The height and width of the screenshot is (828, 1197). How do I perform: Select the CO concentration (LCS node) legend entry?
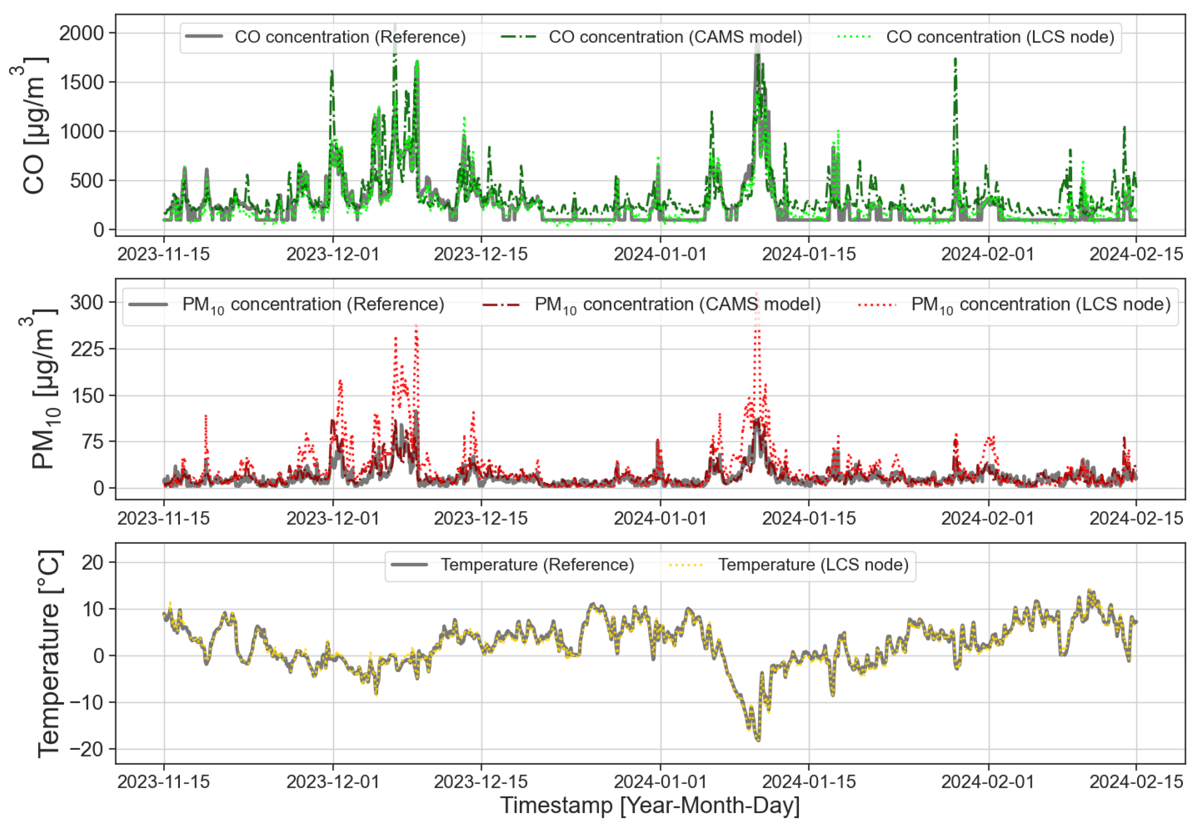[999, 37]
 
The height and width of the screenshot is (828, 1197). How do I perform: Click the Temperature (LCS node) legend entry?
[813, 564]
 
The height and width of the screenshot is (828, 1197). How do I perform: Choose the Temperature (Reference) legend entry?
[537, 564]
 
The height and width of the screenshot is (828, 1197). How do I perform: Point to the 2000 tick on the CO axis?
[81, 33]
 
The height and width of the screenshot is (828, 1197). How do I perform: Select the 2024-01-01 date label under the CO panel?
[660, 254]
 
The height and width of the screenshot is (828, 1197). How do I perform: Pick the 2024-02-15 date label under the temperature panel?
[1136, 781]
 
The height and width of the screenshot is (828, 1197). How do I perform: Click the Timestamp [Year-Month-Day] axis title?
[650, 806]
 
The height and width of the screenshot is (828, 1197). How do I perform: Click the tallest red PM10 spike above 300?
[757, 294]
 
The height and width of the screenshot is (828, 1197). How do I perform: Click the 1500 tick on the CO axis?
[81, 82]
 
